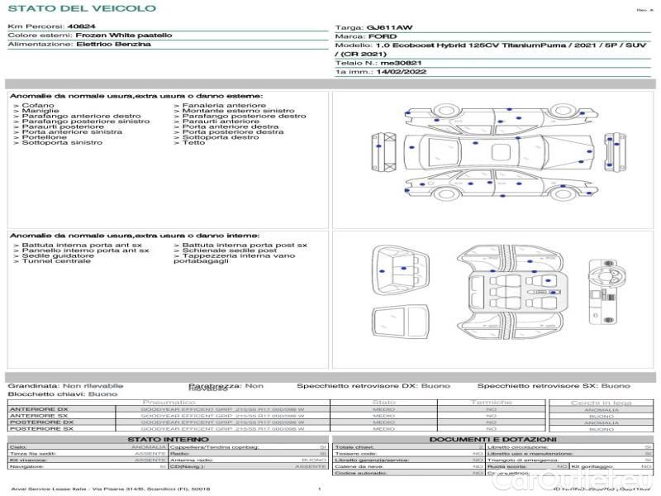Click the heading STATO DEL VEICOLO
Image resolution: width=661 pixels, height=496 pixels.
click(82, 8)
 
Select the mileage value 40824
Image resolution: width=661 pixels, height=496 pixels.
click(81, 26)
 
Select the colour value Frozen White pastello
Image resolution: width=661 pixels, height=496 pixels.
click(124, 36)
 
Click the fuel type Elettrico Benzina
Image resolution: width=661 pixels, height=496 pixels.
click(113, 45)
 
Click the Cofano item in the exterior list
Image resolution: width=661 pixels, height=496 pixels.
click(38, 106)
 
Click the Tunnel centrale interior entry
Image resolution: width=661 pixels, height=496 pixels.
click(55, 261)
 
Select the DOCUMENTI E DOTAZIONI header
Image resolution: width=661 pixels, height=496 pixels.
click(492, 440)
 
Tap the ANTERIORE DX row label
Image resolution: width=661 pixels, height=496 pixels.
click(39, 409)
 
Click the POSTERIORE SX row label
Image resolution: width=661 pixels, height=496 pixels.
click(40, 429)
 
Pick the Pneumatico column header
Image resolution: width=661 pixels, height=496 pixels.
click(174, 403)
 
